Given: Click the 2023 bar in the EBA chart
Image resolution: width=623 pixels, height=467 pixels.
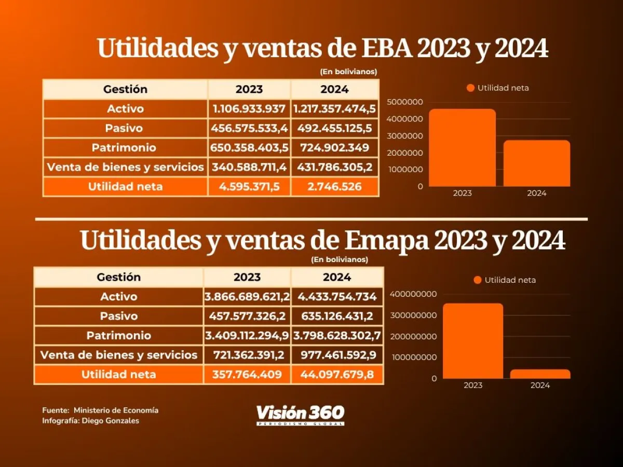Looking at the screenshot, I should [463, 147].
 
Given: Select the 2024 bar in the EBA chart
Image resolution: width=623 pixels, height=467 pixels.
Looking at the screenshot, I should [537, 163].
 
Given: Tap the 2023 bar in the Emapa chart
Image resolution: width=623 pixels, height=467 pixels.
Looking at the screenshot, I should [473, 341].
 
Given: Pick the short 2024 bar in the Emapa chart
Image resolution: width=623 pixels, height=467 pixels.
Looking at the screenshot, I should [540, 374].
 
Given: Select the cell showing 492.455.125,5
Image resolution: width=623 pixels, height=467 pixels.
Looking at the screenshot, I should [335, 128].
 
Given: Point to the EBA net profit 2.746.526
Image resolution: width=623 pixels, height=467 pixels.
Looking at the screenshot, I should [335, 187].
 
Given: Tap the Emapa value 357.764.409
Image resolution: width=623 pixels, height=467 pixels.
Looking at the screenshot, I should [247, 374].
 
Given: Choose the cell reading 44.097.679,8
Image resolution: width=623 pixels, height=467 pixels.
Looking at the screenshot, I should [337, 374].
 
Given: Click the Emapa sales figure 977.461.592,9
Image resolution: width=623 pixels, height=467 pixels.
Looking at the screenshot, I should [337, 355].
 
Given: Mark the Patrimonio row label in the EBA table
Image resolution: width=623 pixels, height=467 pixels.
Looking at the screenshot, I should [124, 148].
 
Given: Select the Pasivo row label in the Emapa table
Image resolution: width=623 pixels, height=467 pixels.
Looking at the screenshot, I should [119, 316].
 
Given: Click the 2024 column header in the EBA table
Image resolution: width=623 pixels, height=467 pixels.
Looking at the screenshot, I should [335, 89].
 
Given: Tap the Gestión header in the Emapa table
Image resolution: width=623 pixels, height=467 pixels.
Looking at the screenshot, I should [119, 277].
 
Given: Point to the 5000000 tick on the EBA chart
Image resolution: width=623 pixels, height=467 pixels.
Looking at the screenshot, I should [405, 102].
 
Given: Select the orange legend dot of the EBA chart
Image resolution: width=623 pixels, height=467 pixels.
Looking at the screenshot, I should [470, 88].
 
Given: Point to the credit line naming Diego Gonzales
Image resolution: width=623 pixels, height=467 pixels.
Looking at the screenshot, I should [91, 421].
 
